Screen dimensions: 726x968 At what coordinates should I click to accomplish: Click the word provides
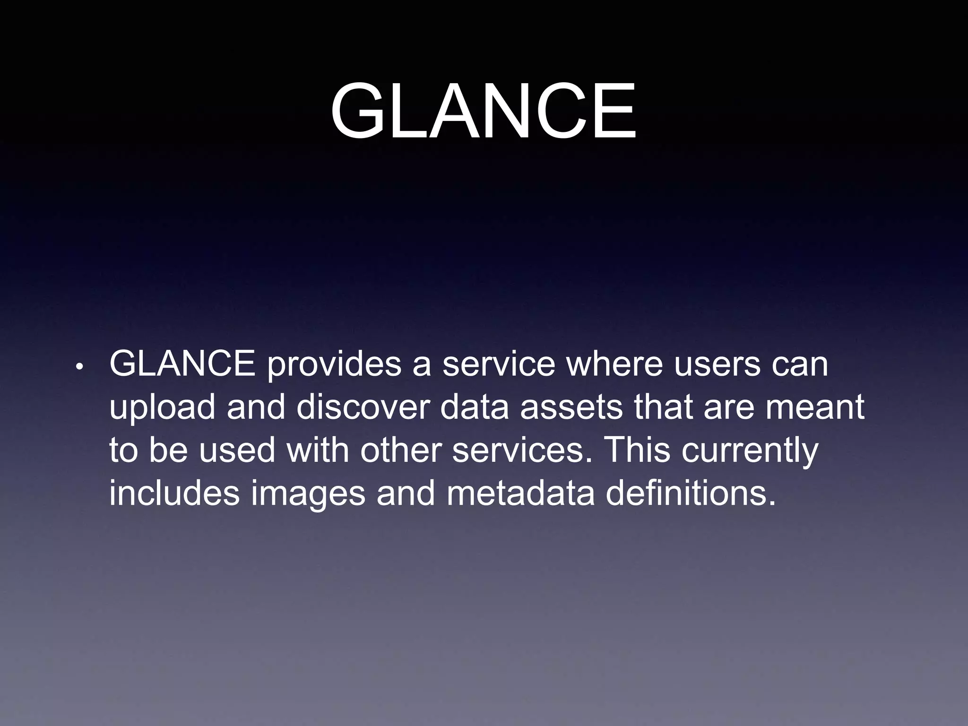click(334, 366)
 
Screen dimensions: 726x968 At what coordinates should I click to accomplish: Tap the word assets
click(571, 408)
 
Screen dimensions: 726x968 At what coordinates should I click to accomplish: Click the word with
click(318, 450)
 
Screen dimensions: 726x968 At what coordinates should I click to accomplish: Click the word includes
click(174, 493)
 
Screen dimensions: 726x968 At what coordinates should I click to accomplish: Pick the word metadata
click(520, 493)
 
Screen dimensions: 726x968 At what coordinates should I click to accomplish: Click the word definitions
click(691, 493)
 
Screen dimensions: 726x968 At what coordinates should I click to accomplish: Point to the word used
click(237, 450)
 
